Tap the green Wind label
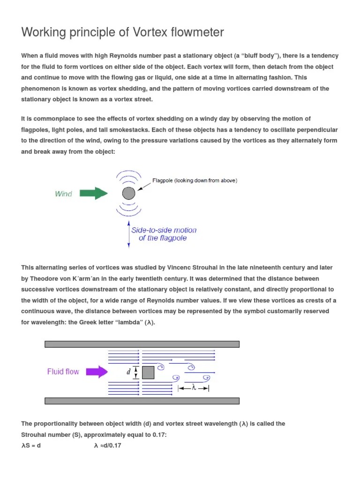click(x=63, y=194)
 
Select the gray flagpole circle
click(x=128, y=193)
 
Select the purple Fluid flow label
click(x=63, y=372)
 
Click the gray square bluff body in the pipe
click(x=148, y=372)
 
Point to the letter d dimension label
click(x=128, y=372)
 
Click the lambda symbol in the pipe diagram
click(x=194, y=388)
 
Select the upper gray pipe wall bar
click(x=142, y=344)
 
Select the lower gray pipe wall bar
click(x=142, y=401)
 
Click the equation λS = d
click(x=31, y=445)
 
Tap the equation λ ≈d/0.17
click(x=107, y=445)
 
